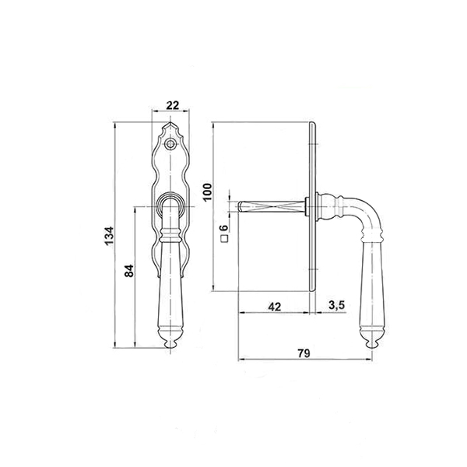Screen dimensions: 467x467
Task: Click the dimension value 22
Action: point(173,105)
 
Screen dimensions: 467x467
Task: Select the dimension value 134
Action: point(109,236)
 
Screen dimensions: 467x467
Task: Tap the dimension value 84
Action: point(129,270)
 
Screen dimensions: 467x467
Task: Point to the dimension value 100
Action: point(208,191)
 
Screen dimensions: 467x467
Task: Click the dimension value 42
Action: point(274,307)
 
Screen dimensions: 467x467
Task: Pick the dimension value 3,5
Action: point(337,305)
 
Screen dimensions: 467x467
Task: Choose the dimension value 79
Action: point(304,353)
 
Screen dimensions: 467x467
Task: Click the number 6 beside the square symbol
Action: point(224,228)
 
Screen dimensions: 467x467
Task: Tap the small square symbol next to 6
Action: point(225,238)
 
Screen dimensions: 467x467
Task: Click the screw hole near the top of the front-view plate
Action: point(170,144)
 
